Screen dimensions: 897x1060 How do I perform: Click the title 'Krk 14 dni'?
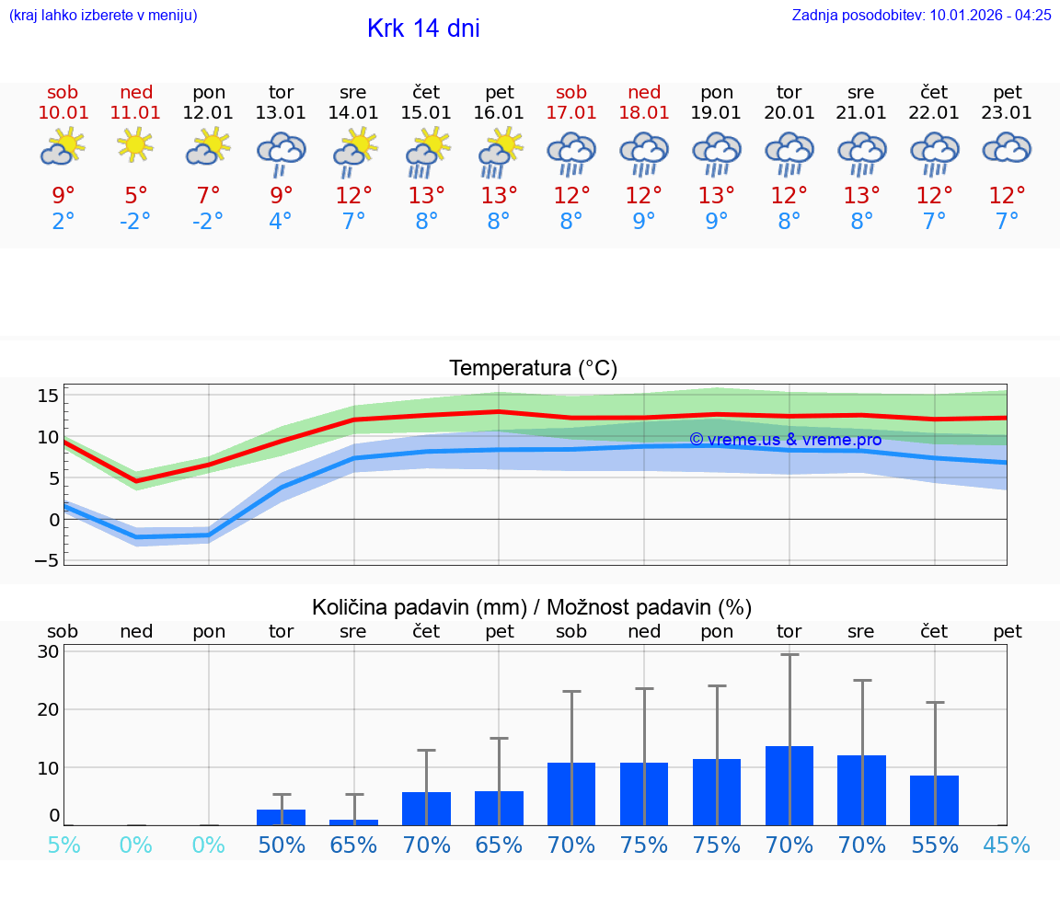(423, 29)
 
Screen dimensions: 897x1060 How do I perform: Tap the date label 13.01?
(281, 112)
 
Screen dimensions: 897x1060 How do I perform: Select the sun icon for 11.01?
(135, 144)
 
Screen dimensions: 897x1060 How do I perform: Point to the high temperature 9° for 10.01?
(63, 196)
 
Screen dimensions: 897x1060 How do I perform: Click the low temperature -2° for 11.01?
(135, 222)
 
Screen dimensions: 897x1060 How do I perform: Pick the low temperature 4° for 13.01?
(281, 222)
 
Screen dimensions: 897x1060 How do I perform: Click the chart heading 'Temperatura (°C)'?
(533, 368)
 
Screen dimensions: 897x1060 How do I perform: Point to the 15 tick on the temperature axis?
(49, 396)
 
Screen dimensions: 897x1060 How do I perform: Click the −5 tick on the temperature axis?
(47, 559)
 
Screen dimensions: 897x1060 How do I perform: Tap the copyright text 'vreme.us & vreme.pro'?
(786, 440)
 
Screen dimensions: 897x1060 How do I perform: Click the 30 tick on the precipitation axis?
(49, 651)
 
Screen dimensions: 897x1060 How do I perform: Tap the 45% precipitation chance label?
(1007, 845)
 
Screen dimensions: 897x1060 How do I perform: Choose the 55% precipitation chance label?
(934, 845)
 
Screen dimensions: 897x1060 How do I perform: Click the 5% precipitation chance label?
(63, 845)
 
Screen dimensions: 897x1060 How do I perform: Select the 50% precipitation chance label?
(281, 845)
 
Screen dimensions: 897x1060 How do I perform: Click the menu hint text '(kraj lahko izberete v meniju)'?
(103, 15)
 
